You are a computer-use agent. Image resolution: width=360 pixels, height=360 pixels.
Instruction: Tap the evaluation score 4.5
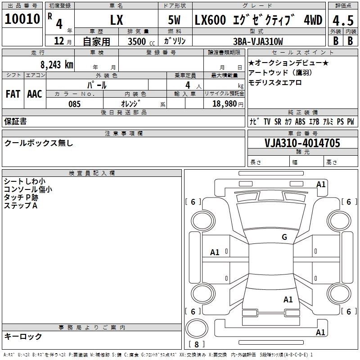pos(342,21)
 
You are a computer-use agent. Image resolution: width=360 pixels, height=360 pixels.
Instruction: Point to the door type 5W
pos(175,20)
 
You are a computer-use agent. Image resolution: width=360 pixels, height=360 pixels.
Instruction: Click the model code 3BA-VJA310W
pos(259,42)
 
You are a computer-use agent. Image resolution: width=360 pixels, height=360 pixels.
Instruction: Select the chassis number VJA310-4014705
pos(302,143)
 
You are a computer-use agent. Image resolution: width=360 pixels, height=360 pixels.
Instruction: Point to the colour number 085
pos(74,104)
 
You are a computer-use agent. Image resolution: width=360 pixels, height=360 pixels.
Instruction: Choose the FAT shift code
pos(13,94)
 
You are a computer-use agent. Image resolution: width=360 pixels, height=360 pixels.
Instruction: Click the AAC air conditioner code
pos(35,94)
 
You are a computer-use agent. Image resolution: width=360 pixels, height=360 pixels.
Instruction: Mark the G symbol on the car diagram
pos(284,237)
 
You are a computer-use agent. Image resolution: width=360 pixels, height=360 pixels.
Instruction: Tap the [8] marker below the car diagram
pos(196,344)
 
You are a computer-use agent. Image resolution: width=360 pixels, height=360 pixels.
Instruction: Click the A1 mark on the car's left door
pos(215,252)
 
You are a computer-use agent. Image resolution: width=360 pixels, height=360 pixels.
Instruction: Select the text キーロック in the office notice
pos(23,336)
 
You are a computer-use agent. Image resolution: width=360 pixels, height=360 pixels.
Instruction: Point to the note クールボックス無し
pos(38,143)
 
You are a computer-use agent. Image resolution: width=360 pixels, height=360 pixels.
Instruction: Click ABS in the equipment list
pos(300,121)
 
